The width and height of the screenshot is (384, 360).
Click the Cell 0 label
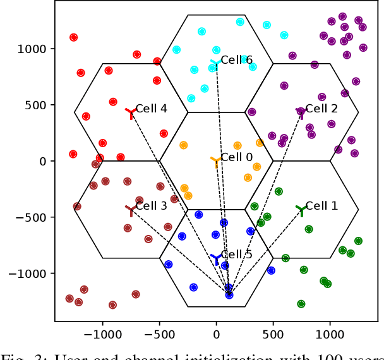[237, 158]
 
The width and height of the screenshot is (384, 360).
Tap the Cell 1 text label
[321, 206]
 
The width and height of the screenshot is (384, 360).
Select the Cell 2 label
[321, 109]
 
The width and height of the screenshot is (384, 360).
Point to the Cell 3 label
[152, 206]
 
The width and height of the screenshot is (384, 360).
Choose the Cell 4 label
[152, 109]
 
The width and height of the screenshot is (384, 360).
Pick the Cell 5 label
[237, 255]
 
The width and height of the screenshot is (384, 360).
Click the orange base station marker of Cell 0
[216, 162]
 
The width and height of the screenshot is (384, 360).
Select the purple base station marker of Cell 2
[301, 112]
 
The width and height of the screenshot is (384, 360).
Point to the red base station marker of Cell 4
[131, 113]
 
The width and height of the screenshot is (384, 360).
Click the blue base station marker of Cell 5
[216, 259]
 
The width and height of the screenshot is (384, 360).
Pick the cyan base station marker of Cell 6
[216, 64]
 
